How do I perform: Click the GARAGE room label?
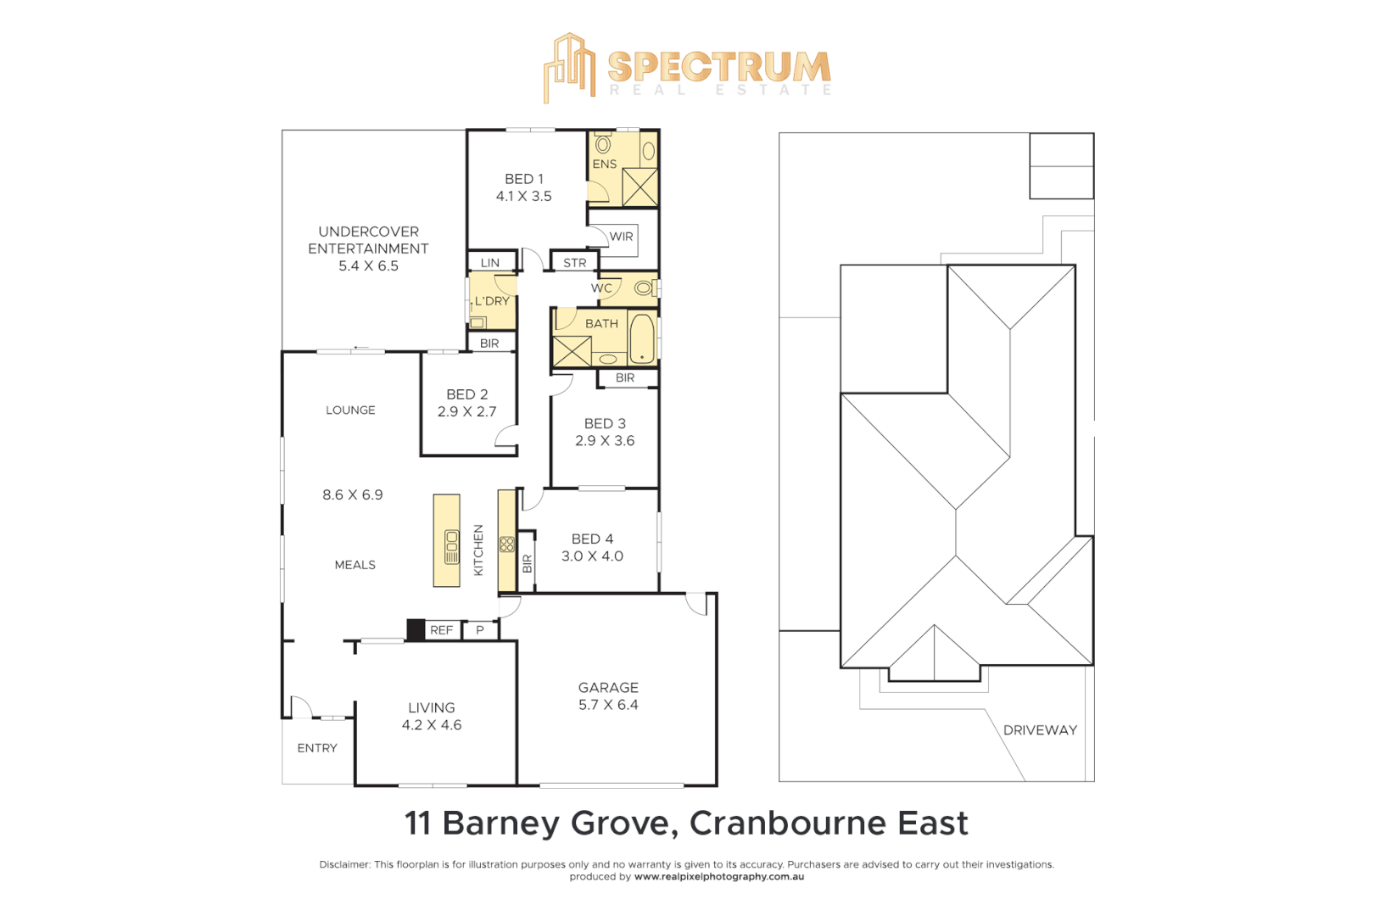point(608,687)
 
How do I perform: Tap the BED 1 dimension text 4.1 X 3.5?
point(523,196)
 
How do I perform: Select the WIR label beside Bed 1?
point(621,237)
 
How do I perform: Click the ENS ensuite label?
point(604,164)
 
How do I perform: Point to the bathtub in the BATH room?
point(642,338)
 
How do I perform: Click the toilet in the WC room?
point(644,288)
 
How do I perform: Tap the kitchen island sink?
point(451,547)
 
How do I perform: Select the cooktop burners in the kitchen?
point(507,544)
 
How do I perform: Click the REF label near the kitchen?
point(441,630)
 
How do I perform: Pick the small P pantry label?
point(480,630)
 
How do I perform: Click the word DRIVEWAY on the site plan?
point(1040,730)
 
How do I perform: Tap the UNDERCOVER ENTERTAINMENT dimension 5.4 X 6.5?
point(368,265)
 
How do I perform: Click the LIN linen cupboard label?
point(490,263)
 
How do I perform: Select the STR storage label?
point(574,263)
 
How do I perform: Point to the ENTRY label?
point(317,748)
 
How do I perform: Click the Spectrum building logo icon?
point(569,68)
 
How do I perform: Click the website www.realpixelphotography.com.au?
point(719,877)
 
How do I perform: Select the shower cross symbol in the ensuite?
point(640,187)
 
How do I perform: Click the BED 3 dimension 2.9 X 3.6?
point(604,441)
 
